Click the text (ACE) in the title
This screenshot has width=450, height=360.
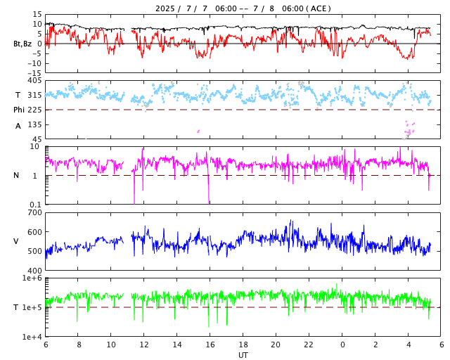[319, 8]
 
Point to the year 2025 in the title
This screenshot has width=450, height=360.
[167, 8]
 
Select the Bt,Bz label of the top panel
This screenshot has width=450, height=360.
[22, 44]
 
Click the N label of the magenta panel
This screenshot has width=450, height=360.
[16, 176]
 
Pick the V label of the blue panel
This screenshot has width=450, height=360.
[16, 242]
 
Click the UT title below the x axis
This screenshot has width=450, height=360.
[243, 355]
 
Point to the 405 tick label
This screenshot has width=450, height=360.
[34, 81]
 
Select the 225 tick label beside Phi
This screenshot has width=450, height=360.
[34, 110]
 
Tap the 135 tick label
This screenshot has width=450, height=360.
[34, 124]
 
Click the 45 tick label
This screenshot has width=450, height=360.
[37, 139]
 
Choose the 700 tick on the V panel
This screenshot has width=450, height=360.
[34, 213]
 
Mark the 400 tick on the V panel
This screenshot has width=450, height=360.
[34, 271]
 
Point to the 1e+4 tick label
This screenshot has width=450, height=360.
[32, 337]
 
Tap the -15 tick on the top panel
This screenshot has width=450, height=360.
[33, 72]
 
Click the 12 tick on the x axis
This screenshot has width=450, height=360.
[144, 345]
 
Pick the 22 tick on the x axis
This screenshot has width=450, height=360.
[309, 345]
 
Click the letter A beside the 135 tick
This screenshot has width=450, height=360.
[18, 126]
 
